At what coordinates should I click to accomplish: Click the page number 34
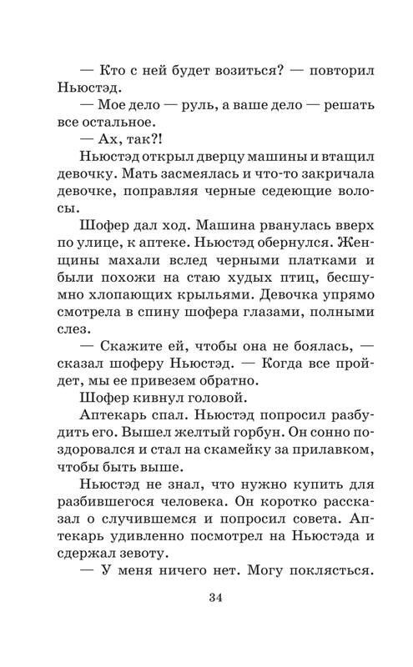click(206, 596)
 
